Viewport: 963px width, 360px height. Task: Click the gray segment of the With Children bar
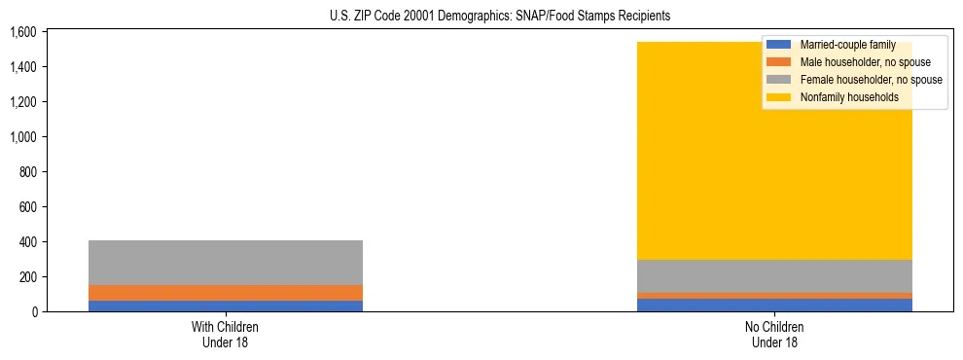pos(226,263)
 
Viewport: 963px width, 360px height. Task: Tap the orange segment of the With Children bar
pos(226,293)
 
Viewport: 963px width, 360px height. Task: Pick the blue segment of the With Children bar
pos(226,306)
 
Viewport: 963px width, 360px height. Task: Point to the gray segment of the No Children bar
pos(774,276)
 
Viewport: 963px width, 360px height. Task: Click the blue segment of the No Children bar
pos(774,305)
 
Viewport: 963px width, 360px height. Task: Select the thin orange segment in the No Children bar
pos(774,296)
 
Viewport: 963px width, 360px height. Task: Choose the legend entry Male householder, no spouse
pos(856,62)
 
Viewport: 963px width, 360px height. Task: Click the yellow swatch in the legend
pos(780,97)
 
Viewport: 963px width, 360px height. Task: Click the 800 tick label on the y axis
pos(26,172)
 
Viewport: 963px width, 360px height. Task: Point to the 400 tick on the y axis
pos(26,242)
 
